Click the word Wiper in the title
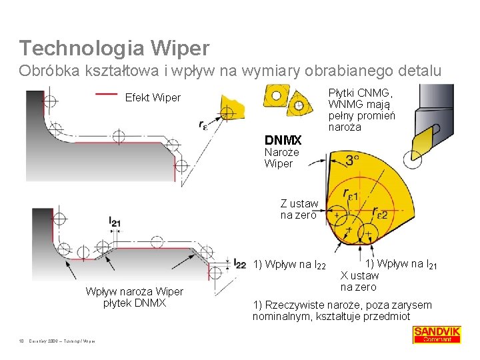pos(181,48)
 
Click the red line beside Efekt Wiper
pos(107,94)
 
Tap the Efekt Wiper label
pos(153,98)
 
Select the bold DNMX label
pos(283,141)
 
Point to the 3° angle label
pos(352,161)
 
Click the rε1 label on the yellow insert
pos(349,195)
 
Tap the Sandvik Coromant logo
pos(437,334)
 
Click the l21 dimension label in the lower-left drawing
pos(115,223)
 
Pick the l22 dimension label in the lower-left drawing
pos(240,265)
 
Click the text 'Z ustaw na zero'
pos(299,209)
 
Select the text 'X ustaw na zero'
pos(359,281)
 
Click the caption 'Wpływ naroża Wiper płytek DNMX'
pos(134,298)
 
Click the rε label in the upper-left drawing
pos(203,123)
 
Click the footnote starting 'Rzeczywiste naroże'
pos(342,311)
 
